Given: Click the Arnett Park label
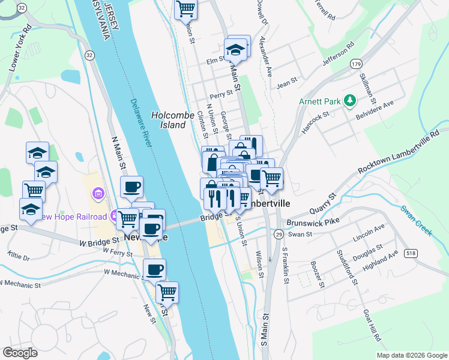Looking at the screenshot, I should click(321, 101).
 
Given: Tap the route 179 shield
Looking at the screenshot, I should click(357, 64).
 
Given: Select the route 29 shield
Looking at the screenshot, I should click(279, 235).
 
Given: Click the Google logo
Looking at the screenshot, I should click(20, 352).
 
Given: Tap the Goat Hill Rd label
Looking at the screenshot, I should click(372, 326).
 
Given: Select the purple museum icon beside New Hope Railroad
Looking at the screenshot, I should click(97, 194).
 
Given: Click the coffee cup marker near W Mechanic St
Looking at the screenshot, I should click(154, 269).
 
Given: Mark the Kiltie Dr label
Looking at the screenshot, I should click(19, 257).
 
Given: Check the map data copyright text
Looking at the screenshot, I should click(411, 355).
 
